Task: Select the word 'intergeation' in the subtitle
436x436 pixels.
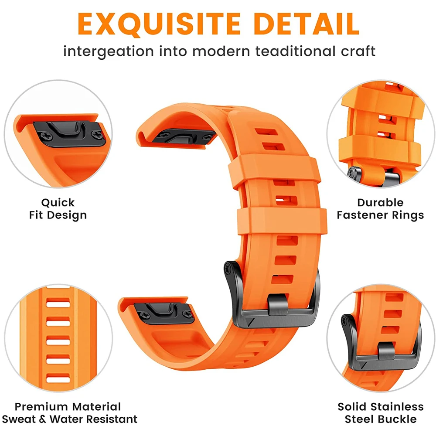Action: point(109,51)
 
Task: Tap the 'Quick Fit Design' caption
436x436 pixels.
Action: point(58,209)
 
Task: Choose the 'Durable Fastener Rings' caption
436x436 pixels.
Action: point(380,209)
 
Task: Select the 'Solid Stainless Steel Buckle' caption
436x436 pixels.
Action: point(381,413)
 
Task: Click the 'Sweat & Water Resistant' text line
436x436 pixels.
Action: point(69,419)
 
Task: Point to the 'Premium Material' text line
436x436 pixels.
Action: point(68,407)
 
